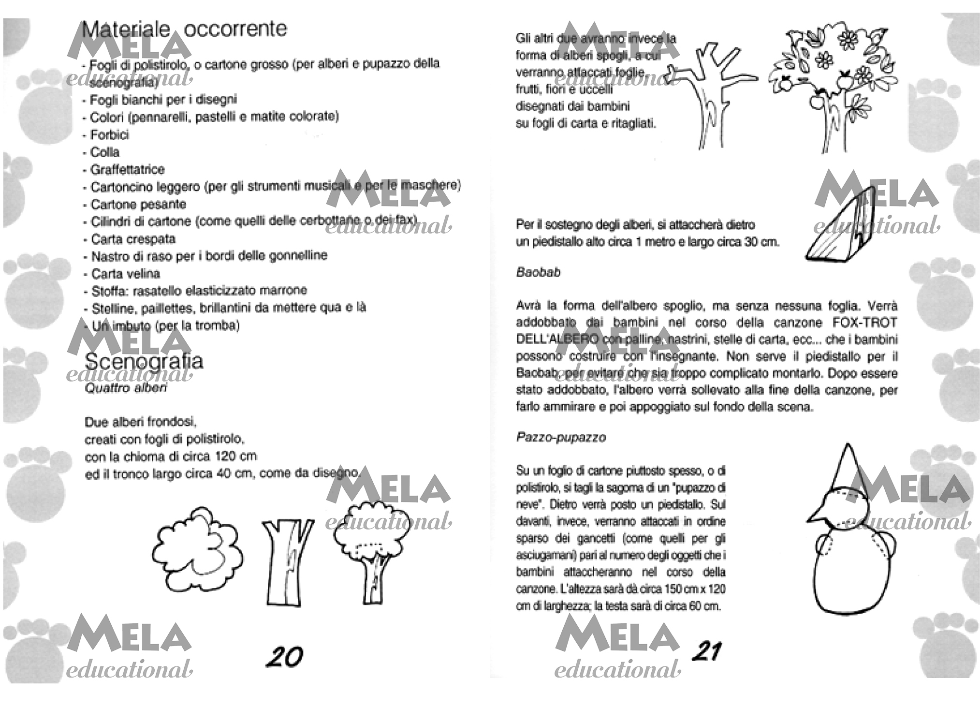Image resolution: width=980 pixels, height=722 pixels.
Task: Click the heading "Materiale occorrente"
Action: (x=184, y=29)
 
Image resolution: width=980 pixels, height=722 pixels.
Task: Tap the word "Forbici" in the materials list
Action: (x=110, y=134)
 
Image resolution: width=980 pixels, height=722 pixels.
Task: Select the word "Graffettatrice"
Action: (x=128, y=170)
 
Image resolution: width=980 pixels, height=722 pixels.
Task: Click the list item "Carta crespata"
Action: (x=133, y=239)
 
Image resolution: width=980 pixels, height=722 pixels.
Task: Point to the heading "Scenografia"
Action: (x=144, y=361)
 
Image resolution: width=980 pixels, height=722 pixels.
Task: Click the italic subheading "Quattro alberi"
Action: (x=126, y=388)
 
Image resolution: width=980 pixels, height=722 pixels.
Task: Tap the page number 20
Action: (x=284, y=657)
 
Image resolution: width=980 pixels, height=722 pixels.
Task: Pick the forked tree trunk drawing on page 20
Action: (x=286, y=561)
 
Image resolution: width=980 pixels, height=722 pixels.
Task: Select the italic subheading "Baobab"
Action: (x=538, y=273)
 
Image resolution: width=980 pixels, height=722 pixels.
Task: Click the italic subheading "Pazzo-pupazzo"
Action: (x=561, y=437)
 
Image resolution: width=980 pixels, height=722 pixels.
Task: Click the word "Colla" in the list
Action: (x=105, y=152)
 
